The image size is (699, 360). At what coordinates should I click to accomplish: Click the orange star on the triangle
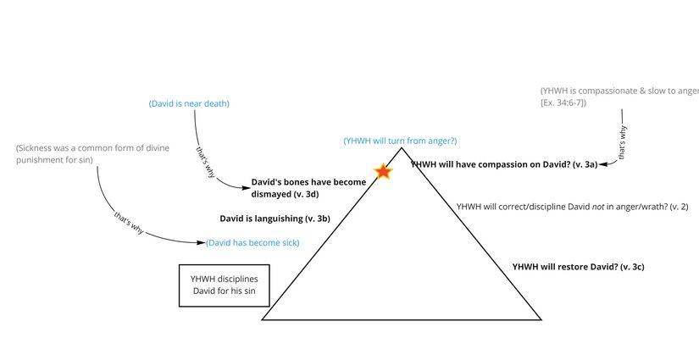383,172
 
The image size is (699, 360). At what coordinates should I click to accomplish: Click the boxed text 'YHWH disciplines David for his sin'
224,285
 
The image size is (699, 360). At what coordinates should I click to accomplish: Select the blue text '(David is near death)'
189,103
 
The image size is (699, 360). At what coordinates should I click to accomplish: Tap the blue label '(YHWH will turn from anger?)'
400,141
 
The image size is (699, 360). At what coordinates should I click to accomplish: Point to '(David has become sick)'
252,243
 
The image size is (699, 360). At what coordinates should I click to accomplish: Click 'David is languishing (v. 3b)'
275,219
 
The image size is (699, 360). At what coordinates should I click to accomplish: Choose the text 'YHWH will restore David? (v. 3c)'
579,267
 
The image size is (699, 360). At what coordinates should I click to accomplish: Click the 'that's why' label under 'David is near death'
205,161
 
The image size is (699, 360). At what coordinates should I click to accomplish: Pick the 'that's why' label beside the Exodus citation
624,144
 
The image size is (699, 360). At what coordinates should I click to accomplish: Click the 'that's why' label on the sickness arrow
128,223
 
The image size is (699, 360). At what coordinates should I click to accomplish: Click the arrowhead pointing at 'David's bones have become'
247,184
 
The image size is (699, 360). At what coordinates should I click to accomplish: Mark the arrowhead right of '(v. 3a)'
601,164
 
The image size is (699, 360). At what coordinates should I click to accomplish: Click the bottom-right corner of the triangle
541,319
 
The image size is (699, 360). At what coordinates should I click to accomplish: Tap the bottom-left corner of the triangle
262,319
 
